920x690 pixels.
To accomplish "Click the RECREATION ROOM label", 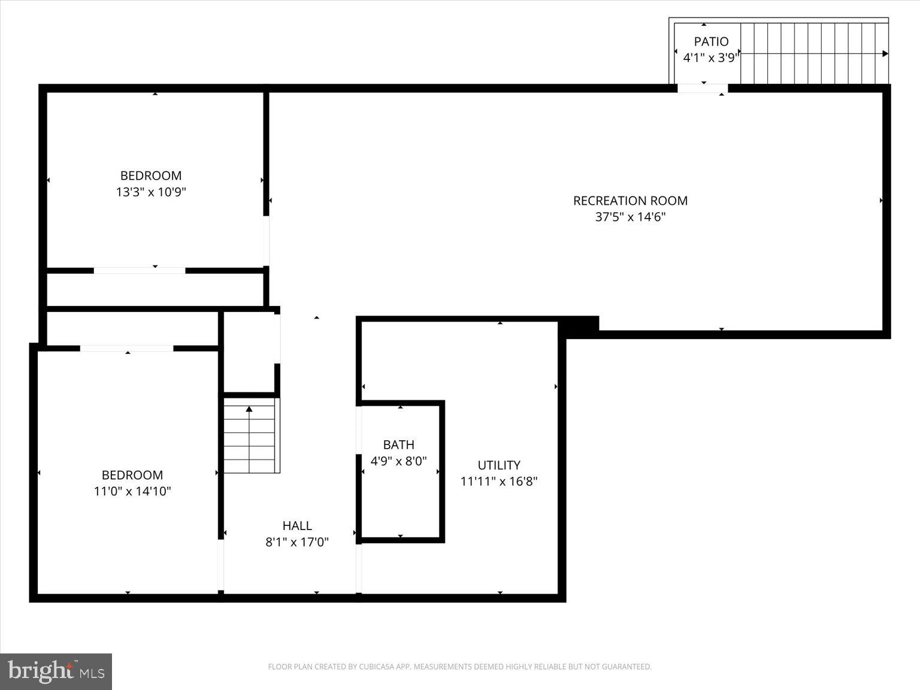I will coord(630,201).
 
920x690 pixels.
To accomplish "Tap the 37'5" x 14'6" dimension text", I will coord(630,217).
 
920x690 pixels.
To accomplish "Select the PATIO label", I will coord(711,41).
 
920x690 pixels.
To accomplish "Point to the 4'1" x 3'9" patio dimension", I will coord(711,58).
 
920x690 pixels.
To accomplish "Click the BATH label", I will coord(398,444).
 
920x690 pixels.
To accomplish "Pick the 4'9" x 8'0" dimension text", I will coord(398,461).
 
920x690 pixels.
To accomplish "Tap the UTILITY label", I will coord(499,465).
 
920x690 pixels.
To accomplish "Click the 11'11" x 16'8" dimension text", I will coord(499,482).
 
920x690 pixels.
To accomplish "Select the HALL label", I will coord(297,525).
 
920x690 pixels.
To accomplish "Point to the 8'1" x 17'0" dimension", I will coord(297,542).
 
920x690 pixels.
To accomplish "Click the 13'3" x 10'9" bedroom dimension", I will coord(151,192).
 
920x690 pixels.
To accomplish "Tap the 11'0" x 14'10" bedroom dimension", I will coord(132,491).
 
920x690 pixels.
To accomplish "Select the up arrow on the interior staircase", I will coord(249,410).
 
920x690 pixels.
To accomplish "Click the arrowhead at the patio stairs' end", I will coord(885,53).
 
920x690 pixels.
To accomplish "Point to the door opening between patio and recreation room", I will coord(703,89).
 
